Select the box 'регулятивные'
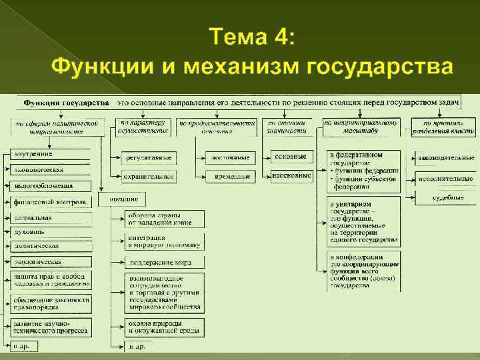click(149, 158)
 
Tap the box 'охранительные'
click(149, 177)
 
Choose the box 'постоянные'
click(227, 158)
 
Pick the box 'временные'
click(227, 177)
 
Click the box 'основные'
click(291, 157)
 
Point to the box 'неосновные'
click(291, 175)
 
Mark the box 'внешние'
click(123, 199)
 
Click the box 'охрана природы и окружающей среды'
click(163, 326)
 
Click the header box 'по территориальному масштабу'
click(361, 127)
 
